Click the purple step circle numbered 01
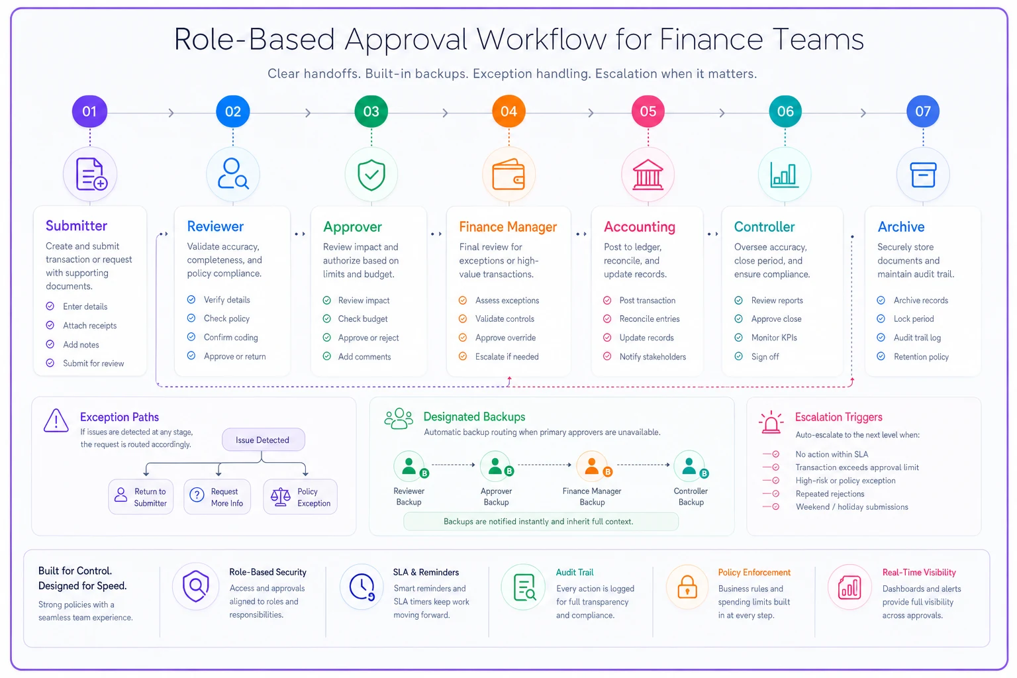pyautogui.click(x=89, y=111)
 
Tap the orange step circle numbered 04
pyautogui.click(x=508, y=111)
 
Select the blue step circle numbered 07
pyautogui.click(x=922, y=111)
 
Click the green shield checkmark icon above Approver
pyautogui.click(x=371, y=175)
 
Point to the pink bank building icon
pyautogui.click(x=648, y=175)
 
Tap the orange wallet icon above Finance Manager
pyautogui.click(x=508, y=174)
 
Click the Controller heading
pyautogui.click(x=764, y=226)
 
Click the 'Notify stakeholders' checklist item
pyautogui.click(x=644, y=356)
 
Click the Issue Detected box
pyautogui.click(x=263, y=440)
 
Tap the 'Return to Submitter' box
pyautogui.click(x=141, y=497)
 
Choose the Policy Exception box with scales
pyautogui.click(x=300, y=497)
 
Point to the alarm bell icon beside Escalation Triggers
pyautogui.click(x=771, y=422)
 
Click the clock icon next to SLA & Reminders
pyautogui.click(x=362, y=587)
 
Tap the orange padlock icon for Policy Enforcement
pyautogui.click(x=687, y=587)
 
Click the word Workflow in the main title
pyautogui.click(x=542, y=39)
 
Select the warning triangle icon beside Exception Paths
pyautogui.click(x=56, y=420)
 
